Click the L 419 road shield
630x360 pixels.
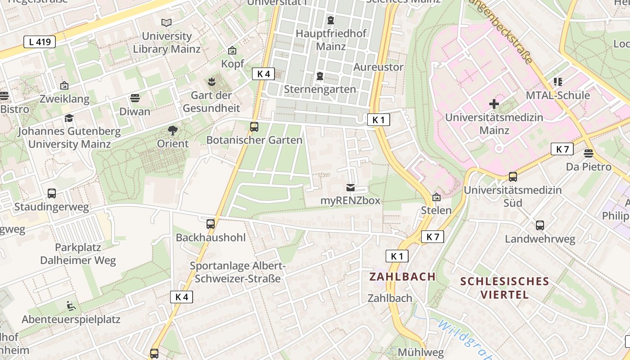coord(40,42)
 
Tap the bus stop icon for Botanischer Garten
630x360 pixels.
coord(254,127)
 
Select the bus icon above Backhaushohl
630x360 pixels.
coord(211,224)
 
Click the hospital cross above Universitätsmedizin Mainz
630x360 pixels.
coord(494,104)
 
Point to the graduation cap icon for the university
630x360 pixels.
coord(69,118)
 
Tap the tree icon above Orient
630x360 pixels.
coord(172,131)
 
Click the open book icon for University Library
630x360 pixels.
coord(166,22)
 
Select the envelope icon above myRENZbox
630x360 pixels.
coord(351,187)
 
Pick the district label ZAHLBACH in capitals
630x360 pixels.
coord(402,277)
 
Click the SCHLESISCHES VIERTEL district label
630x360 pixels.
coord(504,288)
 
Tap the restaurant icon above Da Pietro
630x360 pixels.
coord(588,153)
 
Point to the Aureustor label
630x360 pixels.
coord(378,67)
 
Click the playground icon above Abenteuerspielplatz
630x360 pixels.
coord(71,306)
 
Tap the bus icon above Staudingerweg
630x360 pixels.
coord(52,193)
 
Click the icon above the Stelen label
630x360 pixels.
coord(436,197)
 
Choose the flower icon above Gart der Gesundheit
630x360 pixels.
coord(211,82)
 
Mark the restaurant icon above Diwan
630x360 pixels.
coord(135,98)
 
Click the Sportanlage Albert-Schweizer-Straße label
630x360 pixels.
coord(238,272)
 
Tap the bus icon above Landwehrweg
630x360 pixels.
coord(540,225)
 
